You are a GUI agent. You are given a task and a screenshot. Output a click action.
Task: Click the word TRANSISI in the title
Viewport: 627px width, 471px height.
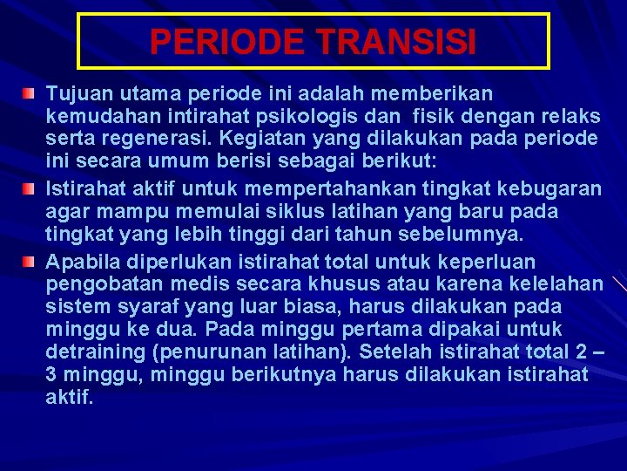coord(400,42)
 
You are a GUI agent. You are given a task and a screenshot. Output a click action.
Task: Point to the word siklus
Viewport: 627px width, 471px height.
coord(258,212)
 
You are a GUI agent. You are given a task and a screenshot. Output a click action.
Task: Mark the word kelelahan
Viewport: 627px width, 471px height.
coord(551,285)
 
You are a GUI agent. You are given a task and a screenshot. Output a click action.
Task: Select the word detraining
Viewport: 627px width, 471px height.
coord(92,353)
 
